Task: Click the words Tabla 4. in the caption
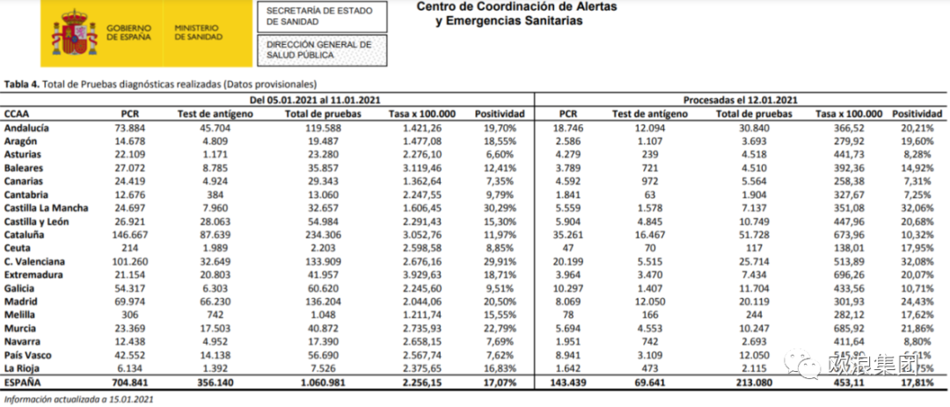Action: coord(21,84)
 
